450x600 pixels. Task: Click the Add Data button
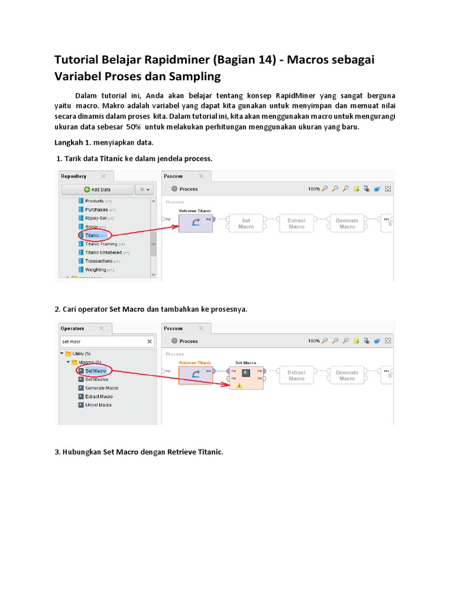point(97,189)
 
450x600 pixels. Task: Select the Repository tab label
point(74,176)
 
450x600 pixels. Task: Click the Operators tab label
point(73,329)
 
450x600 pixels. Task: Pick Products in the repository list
point(94,201)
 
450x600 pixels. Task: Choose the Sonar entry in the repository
point(91,227)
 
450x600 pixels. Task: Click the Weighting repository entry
point(95,270)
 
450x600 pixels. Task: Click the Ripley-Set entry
point(96,218)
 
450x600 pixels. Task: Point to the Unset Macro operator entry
point(98,405)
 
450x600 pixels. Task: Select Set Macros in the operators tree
point(97,380)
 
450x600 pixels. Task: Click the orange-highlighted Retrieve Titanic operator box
point(195,376)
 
